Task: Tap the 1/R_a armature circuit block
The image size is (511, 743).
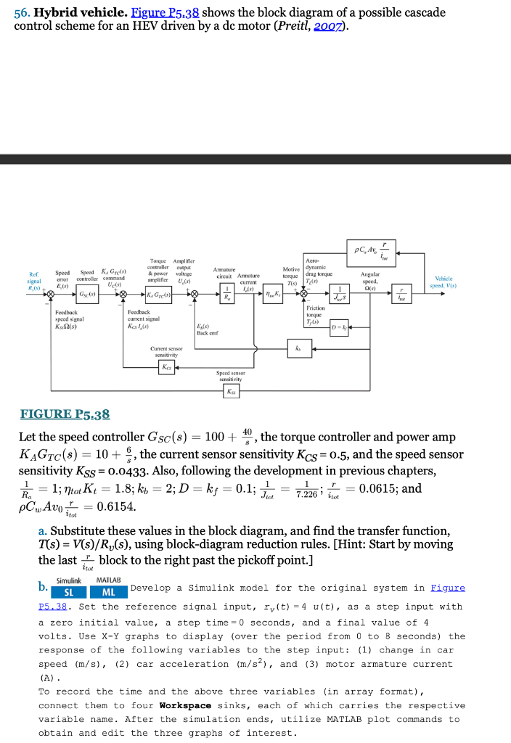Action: (x=227, y=294)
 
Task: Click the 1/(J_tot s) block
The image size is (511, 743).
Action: (x=338, y=295)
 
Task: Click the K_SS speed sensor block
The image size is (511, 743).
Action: (x=231, y=391)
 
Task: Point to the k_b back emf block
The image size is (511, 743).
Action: (x=295, y=348)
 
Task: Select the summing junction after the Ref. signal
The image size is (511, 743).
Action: (x=51, y=295)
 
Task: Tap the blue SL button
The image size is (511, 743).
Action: (x=70, y=593)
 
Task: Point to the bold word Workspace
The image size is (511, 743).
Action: (x=185, y=705)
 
